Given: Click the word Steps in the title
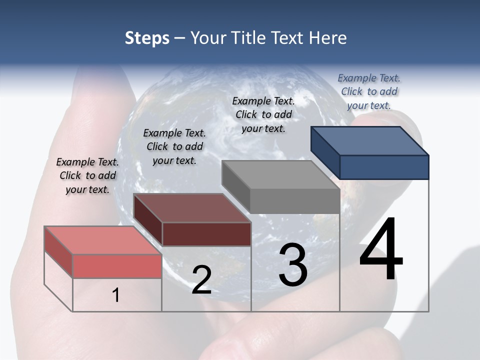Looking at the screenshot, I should click(x=147, y=38).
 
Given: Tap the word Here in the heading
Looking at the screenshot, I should click(x=327, y=38).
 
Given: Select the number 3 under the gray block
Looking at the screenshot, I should click(x=293, y=265).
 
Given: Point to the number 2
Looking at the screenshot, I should click(x=201, y=280).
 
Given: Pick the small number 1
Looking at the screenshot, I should click(x=116, y=295).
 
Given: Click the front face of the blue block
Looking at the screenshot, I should click(x=384, y=167).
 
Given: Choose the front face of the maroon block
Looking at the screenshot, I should click(x=206, y=234).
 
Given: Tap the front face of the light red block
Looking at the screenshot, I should click(x=117, y=266).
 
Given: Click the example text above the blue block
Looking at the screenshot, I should click(x=369, y=91).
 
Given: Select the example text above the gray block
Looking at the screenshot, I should click(x=263, y=114).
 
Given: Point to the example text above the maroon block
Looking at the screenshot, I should click(x=174, y=146).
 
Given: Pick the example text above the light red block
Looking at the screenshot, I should click(x=87, y=175).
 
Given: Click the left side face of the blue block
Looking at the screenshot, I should click(x=325, y=152).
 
